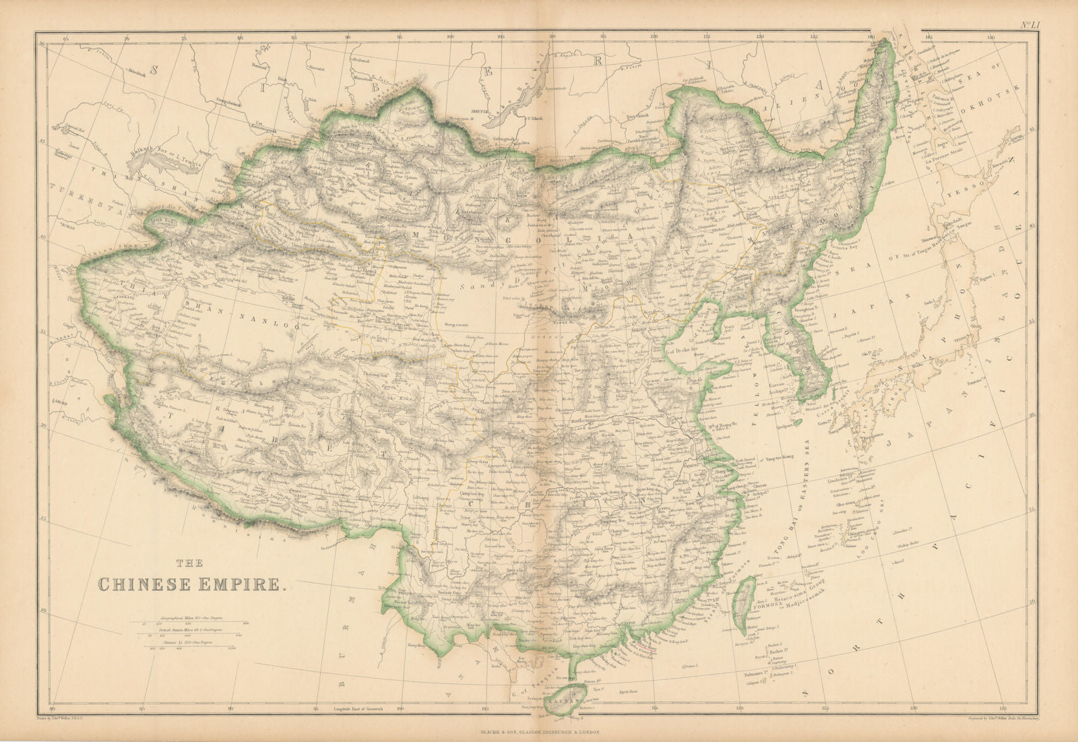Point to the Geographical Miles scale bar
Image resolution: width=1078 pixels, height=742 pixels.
(x=195, y=622)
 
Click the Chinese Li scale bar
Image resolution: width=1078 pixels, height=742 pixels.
(x=195, y=648)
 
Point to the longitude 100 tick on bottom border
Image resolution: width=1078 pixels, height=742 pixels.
(x=401, y=708)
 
